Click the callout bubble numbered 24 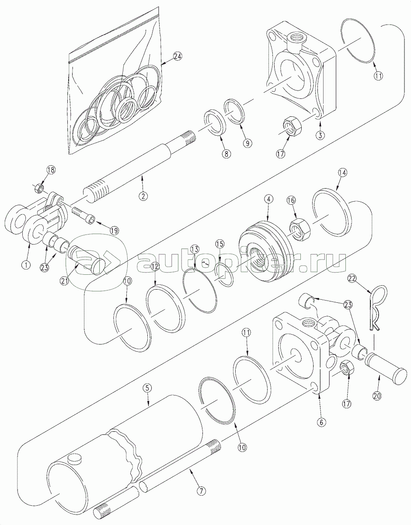[x=178, y=56]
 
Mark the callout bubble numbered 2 [x=143, y=196]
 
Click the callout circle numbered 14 [x=342, y=173]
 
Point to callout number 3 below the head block [x=320, y=135]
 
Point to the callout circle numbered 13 [x=195, y=249]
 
